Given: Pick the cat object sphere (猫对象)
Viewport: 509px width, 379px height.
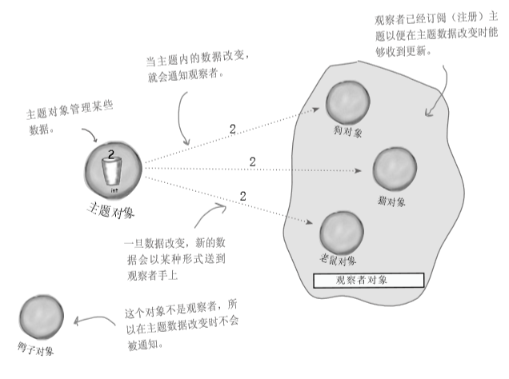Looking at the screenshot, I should point(395,167).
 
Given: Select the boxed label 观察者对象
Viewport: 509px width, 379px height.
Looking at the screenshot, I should point(368,281).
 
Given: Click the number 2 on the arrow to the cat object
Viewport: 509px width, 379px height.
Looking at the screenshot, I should point(252,162).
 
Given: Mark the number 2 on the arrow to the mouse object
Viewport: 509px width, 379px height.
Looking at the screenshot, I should point(242,195).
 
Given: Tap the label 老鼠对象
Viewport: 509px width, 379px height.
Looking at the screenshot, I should point(337,261).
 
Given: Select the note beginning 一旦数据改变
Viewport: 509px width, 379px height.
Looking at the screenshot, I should point(171,257).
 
